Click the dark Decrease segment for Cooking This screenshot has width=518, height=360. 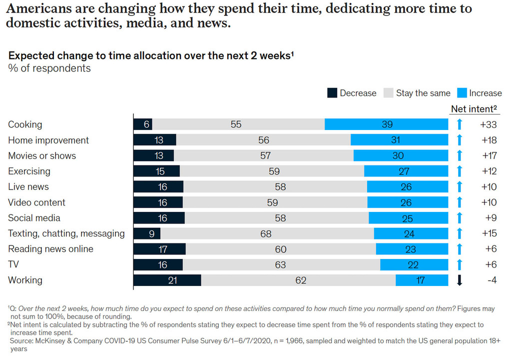tap(143, 124)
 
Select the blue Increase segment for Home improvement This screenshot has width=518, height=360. tap(399, 140)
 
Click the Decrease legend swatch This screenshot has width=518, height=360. tap(332, 93)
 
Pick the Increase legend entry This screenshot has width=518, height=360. tap(479, 93)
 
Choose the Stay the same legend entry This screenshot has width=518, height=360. tap(417, 93)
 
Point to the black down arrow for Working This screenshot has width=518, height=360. tap(460, 280)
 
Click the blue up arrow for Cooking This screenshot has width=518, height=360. tap(460, 124)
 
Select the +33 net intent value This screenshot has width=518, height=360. tap(489, 124)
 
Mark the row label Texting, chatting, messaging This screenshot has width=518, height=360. tap(66, 233)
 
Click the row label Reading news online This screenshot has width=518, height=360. tap(50, 249)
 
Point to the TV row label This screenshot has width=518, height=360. tap(14, 264)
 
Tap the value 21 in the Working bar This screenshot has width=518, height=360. tap(172, 280)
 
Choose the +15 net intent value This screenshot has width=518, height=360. tap(489, 233)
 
